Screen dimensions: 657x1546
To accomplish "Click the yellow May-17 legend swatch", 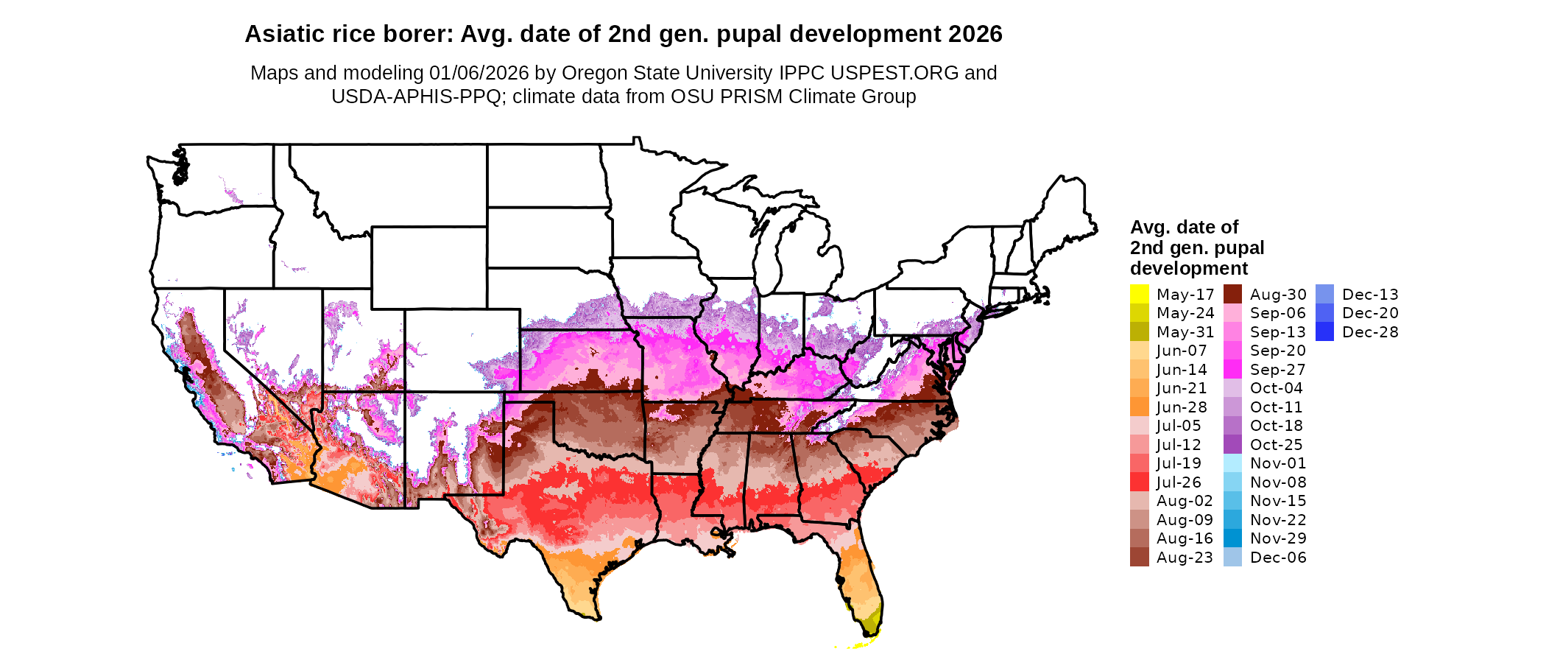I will (x=1139, y=294).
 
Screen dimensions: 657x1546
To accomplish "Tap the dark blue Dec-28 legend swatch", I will (x=1324, y=332).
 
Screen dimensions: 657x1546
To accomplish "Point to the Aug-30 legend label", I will (x=1278, y=295).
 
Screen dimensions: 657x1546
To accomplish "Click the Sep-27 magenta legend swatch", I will (x=1232, y=370).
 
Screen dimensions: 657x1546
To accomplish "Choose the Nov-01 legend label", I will (x=1278, y=463).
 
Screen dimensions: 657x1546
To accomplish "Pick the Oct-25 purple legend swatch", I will (x=1232, y=445).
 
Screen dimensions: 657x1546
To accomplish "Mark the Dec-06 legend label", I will (x=1278, y=558).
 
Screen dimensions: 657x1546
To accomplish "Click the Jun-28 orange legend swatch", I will (x=1139, y=407).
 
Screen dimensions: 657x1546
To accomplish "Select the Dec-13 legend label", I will (x=1370, y=295).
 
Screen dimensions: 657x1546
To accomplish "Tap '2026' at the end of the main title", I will (x=975, y=35).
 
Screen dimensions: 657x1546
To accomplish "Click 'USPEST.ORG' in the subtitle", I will (x=894, y=73).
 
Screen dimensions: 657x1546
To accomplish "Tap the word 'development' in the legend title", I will (x=1189, y=268).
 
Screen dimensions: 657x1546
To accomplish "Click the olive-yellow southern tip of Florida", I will (x=871, y=623).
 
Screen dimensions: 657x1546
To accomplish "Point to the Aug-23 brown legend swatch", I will (x=1139, y=558).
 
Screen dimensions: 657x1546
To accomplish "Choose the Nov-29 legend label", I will (x=1278, y=538).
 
